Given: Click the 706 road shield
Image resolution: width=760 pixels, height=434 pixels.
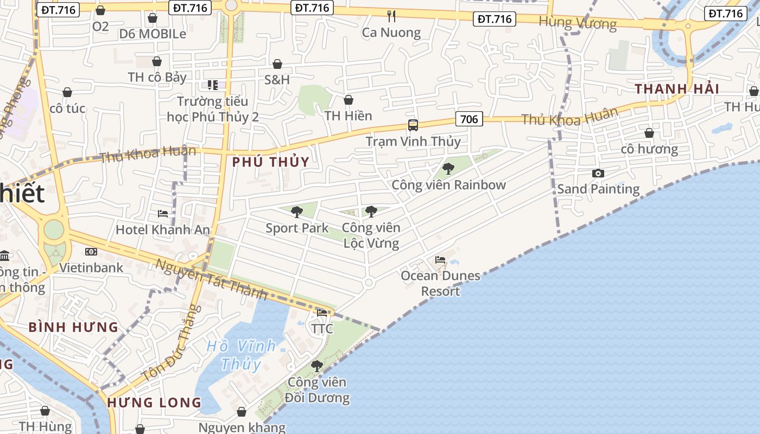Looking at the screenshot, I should tap(469, 119).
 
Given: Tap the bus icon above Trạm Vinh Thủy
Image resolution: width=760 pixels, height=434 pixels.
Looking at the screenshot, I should tap(413, 126).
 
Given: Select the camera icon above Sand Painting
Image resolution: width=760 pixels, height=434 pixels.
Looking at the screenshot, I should tap(598, 174).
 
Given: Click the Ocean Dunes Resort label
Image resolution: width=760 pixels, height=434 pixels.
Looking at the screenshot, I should tap(440, 283).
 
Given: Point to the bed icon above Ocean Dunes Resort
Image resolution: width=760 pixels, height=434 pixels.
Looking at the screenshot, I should tap(440, 260).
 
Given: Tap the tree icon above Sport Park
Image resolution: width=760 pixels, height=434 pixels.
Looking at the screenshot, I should tap(296, 212).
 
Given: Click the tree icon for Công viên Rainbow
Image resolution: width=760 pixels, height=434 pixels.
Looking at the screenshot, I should tap(448, 169).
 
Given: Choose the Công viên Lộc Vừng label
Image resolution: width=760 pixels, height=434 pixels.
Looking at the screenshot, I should tap(371, 235).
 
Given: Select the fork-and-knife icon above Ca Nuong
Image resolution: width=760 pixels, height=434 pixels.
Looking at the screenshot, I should tap(391, 16).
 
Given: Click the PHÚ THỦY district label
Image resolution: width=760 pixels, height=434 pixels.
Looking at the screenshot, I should tap(270, 162).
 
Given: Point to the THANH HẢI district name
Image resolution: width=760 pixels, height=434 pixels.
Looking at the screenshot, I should tap(677, 89).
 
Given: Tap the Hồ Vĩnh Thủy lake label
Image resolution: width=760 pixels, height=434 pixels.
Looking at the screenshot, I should tap(242, 355).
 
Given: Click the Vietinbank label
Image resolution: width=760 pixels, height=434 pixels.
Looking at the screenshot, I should tap(91, 267).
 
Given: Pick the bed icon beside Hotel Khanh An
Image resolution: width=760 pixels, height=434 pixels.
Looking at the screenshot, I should tap(162, 214).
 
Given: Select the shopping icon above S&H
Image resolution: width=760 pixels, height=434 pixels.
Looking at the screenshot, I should tap(277, 65).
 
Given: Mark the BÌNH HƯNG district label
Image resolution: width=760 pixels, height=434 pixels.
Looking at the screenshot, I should tap(73, 327).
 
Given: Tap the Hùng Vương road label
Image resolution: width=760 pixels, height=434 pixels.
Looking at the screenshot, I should tap(578, 23).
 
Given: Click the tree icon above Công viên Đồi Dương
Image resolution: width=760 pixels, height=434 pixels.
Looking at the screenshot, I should tap(317, 367).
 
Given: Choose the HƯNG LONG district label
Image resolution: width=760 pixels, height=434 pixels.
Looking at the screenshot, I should tap(154, 403).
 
